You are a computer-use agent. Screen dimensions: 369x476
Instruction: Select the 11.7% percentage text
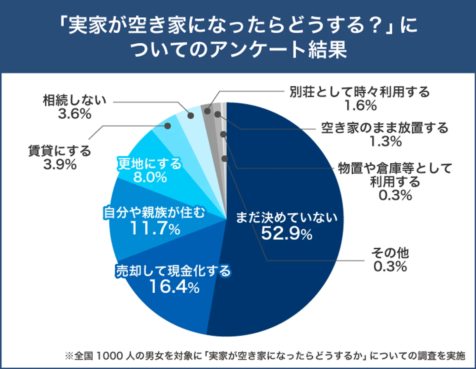point(155,228)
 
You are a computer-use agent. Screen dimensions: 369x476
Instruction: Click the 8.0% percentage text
point(150,178)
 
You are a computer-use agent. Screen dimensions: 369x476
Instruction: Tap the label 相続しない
point(75,100)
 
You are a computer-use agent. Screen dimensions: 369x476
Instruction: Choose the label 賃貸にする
point(59,151)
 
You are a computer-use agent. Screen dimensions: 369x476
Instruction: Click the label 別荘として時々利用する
point(360,92)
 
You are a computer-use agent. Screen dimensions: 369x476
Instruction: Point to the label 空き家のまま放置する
point(385,128)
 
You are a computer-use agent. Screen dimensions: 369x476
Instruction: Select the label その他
point(390,253)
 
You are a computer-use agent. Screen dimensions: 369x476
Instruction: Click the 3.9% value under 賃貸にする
point(60,164)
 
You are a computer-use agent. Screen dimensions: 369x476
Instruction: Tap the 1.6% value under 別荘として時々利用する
point(360,105)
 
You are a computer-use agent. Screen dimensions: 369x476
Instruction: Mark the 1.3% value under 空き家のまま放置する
point(385,142)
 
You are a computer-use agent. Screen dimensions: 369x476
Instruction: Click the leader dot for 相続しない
point(191,115)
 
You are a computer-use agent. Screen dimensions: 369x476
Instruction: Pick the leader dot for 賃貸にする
point(168,126)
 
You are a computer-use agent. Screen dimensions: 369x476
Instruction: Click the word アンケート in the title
point(252,50)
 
